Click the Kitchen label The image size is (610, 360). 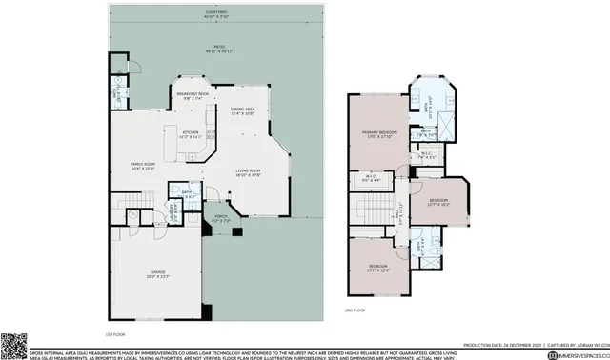coord(190,134)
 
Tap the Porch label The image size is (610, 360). coord(220,218)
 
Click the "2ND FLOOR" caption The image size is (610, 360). coord(354,310)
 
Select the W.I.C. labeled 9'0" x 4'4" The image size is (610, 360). coord(374,178)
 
